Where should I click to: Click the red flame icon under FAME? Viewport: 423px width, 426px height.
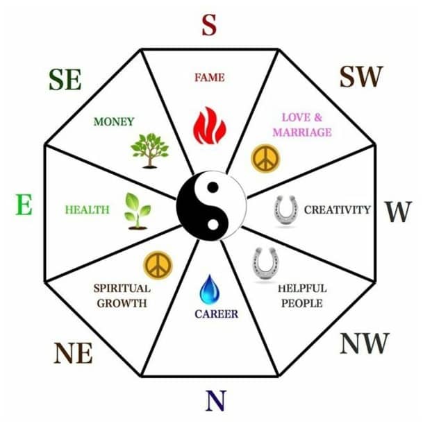point(210,126)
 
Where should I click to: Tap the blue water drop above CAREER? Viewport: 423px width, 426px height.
point(209,289)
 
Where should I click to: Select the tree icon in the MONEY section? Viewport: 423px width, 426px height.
point(149,151)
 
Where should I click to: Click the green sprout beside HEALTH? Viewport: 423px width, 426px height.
point(138,212)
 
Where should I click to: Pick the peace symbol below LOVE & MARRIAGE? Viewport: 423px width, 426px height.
point(265,158)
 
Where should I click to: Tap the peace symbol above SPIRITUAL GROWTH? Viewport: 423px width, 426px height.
point(158,266)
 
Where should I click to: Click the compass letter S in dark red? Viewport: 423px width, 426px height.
point(209,25)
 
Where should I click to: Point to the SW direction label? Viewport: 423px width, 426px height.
point(361,76)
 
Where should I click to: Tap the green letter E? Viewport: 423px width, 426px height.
point(24,205)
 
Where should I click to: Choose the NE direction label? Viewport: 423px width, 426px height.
point(74,353)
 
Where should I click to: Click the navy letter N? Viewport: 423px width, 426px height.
point(215,401)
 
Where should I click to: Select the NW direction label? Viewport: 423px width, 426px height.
point(365,343)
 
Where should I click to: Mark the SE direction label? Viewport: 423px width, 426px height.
point(65,79)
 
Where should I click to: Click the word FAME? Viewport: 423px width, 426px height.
point(210,78)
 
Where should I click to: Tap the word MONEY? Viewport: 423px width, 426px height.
point(114,121)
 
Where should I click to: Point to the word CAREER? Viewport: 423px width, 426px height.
point(217,314)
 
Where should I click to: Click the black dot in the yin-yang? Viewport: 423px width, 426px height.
point(213,187)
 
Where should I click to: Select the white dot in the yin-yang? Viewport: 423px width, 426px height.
point(213,224)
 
